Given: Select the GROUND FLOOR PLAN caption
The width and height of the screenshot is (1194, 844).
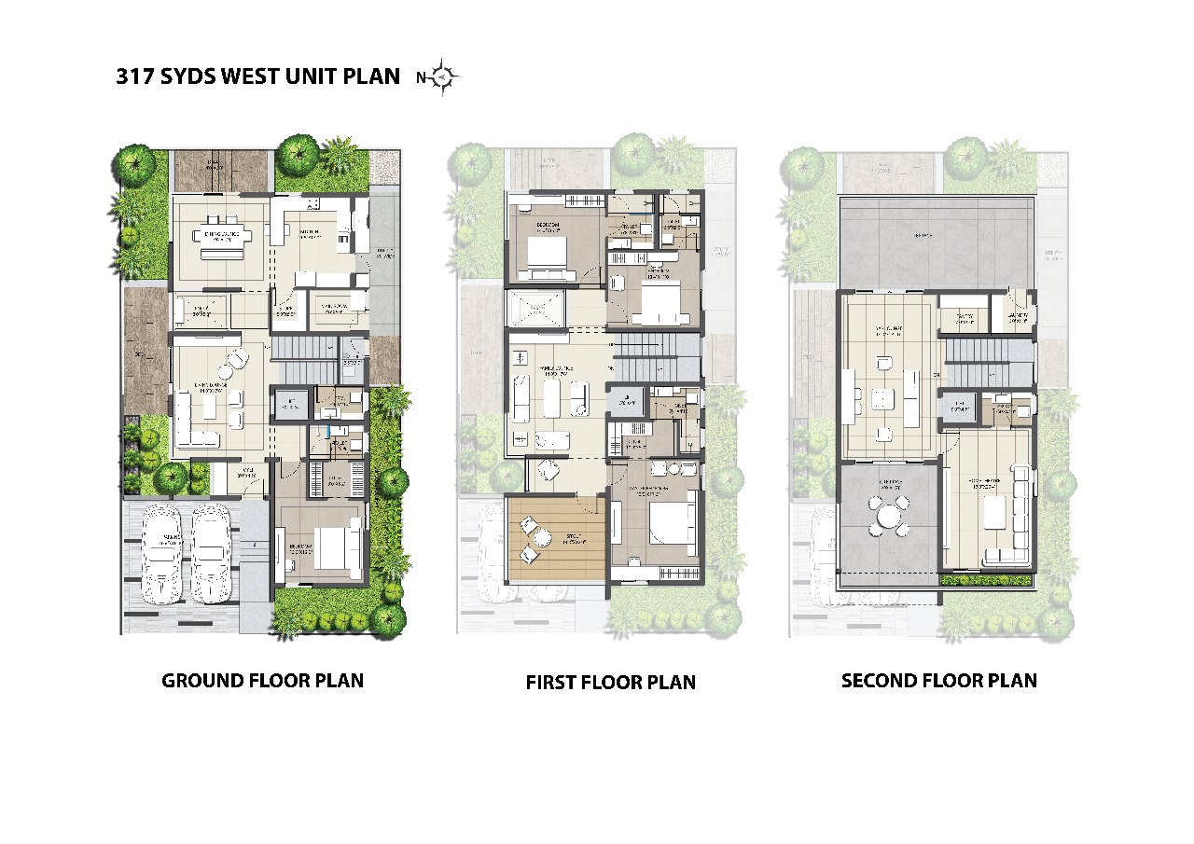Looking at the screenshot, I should (x=262, y=680).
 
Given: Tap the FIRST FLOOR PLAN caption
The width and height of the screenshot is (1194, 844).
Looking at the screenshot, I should (x=610, y=682).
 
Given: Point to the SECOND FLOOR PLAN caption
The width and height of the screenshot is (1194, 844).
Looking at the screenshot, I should (x=938, y=680).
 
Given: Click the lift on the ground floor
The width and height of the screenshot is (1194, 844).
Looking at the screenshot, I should (x=285, y=404).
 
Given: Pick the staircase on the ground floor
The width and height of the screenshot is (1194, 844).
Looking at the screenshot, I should (x=304, y=360).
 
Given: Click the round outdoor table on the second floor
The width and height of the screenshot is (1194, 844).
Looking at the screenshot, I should (x=887, y=515).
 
